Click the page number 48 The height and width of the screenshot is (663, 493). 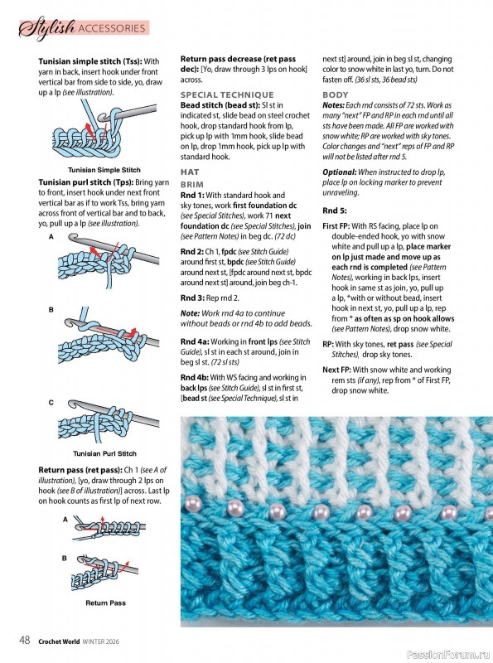[25, 640]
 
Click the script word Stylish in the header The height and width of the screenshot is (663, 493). [46, 28]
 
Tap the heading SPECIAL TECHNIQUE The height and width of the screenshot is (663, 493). [227, 94]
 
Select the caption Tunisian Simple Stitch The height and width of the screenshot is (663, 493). [104, 170]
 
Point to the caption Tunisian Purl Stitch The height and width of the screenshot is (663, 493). [104, 453]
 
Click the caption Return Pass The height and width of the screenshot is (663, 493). [105, 603]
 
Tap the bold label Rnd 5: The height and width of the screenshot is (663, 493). [335, 211]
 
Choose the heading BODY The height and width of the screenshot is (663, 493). [336, 94]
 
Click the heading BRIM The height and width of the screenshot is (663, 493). [192, 184]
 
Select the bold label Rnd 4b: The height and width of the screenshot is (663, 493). [194, 377]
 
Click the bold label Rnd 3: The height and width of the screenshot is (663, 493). [192, 298]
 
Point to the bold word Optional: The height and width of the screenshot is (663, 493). [340, 172]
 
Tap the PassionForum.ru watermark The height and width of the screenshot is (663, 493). [448, 655]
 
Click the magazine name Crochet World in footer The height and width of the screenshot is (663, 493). [59, 641]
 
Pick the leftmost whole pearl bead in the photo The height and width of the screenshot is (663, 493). [235, 506]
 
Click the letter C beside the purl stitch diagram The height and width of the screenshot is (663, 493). [51, 403]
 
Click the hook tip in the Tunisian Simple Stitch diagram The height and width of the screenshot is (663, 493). [101, 115]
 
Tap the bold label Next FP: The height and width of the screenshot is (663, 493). [337, 370]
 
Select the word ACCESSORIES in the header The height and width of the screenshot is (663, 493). [112, 28]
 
